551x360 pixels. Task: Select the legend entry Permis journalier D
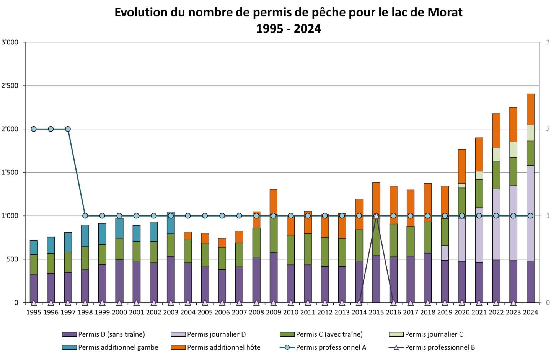pyautogui.click(x=216, y=334)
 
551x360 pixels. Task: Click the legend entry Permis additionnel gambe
pyautogui.click(x=118, y=347)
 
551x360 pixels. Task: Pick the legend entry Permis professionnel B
pyautogui.click(x=440, y=347)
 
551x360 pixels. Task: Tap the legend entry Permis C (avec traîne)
pyautogui.click(x=329, y=334)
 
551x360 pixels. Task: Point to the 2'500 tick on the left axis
pyautogui.click(x=10, y=86)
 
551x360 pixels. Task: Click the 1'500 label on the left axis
pyautogui.click(x=10, y=173)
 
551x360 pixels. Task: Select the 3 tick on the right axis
pyautogui.click(x=548, y=42)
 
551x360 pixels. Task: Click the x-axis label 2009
pyautogui.click(x=273, y=312)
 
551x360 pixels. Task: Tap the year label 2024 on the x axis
pyautogui.click(x=530, y=312)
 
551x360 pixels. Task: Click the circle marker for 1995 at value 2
pyautogui.click(x=34, y=129)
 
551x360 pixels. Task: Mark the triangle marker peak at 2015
pyautogui.click(x=376, y=216)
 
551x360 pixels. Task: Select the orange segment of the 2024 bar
pyautogui.click(x=530, y=109)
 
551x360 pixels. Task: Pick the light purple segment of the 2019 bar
pyautogui.click(x=445, y=253)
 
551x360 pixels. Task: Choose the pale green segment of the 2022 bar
pyautogui.click(x=496, y=155)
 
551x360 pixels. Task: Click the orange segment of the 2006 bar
pyautogui.click(x=222, y=243)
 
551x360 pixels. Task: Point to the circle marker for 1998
pyautogui.click(x=85, y=216)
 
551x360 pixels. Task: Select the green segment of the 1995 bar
pyautogui.click(x=34, y=264)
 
